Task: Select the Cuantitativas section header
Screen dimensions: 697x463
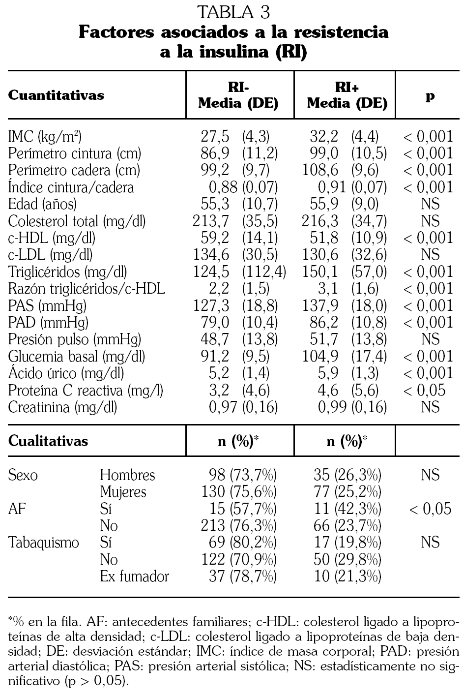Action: (56, 95)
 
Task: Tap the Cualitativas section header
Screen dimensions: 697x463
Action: (48, 441)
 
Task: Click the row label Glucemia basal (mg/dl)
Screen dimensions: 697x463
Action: (77, 356)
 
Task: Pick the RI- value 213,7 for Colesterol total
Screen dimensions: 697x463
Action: (210, 221)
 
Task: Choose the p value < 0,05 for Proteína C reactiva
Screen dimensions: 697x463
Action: (425, 390)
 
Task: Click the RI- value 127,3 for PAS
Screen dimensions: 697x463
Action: (210, 305)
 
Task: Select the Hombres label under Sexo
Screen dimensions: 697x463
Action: (127, 475)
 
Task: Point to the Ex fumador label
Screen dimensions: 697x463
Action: (134, 576)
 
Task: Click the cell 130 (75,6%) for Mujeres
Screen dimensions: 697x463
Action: (239, 492)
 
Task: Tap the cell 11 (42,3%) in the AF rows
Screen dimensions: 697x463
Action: (347, 509)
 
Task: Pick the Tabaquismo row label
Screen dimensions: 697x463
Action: (44, 543)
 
